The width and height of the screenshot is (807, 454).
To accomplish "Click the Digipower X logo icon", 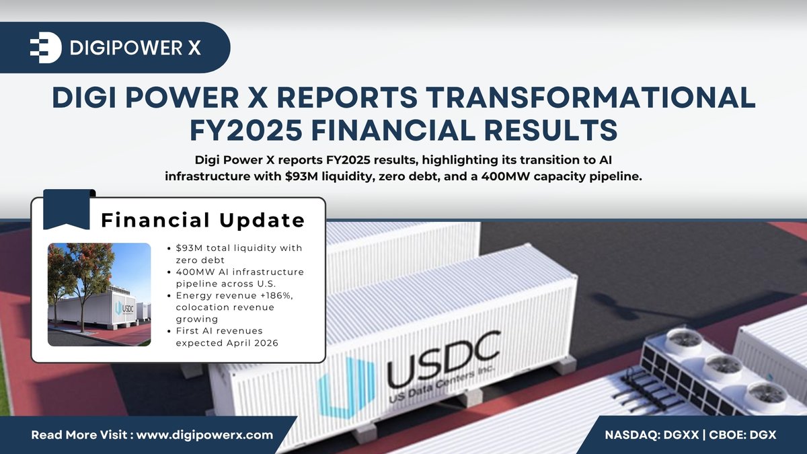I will [x=46, y=47].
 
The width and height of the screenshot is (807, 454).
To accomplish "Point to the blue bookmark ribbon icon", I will [x=67, y=209].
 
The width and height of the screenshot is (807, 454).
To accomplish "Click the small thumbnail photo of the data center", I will [x=100, y=294].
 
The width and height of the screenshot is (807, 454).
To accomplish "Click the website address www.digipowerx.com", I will [x=205, y=434].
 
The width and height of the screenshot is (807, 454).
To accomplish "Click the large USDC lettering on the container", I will [x=443, y=358].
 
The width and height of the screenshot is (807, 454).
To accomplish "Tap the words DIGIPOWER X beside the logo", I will [x=135, y=48].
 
